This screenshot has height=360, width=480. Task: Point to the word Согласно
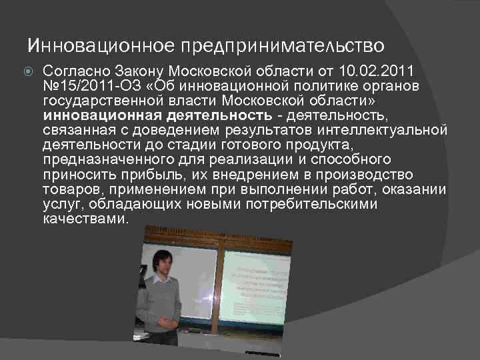tap(76, 70)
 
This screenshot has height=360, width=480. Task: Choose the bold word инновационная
tap(93, 115)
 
